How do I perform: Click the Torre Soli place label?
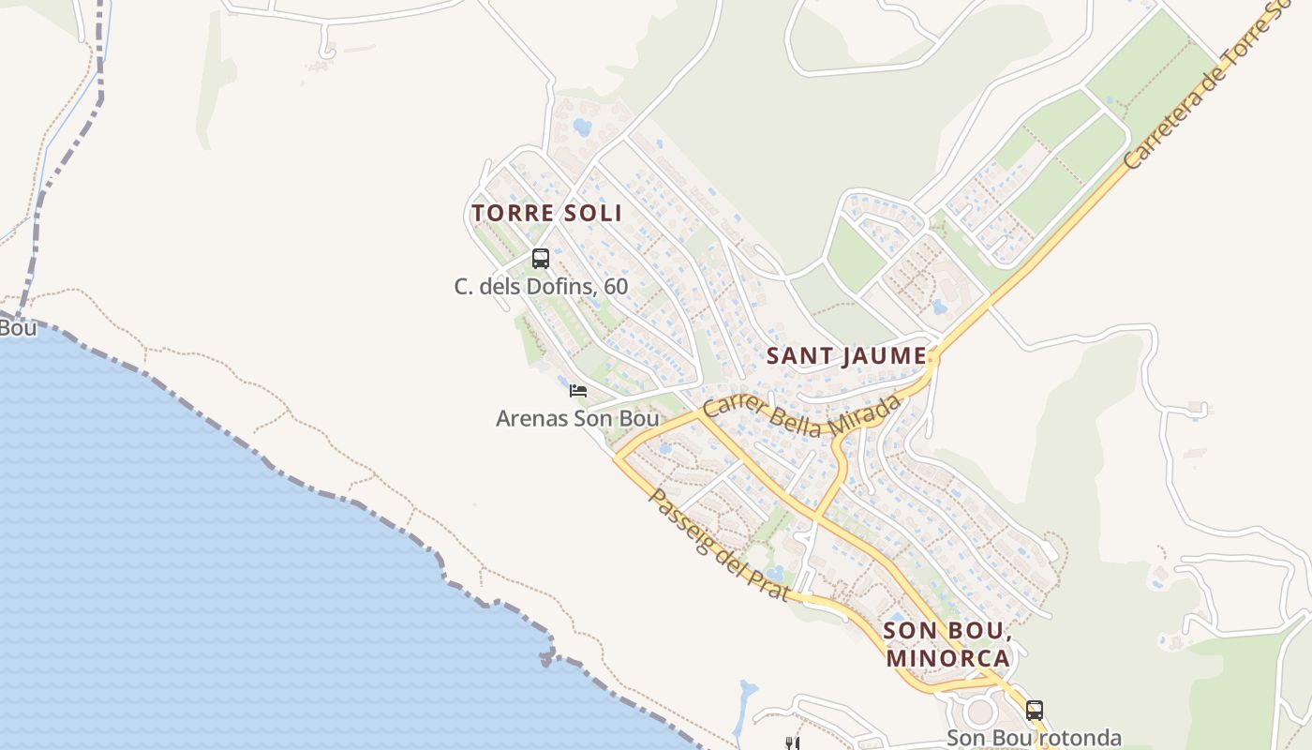pyautogui.click(x=547, y=213)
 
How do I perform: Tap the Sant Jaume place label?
pyautogui.click(x=846, y=356)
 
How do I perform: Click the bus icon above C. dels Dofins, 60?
pyautogui.click(x=540, y=259)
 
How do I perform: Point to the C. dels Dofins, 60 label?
pyautogui.click(x=541, y=287)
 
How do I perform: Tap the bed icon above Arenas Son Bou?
pyautogui.click(x=578, y=390)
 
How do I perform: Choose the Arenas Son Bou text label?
pyautogui.click(x=577, y=418)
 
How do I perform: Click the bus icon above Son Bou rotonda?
pyautogui.click(x=1034, y=711)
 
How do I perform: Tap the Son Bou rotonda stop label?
pyautogui.click(x=1033, y=738)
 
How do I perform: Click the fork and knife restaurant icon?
pyautogui.click(x=792, y=743)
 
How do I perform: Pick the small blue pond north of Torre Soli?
pyautogui.click(x=583, y=127)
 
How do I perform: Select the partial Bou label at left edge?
pyautogui.click(x=17, y=328)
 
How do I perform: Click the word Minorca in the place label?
pyautogui.click(x=947, y=658)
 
